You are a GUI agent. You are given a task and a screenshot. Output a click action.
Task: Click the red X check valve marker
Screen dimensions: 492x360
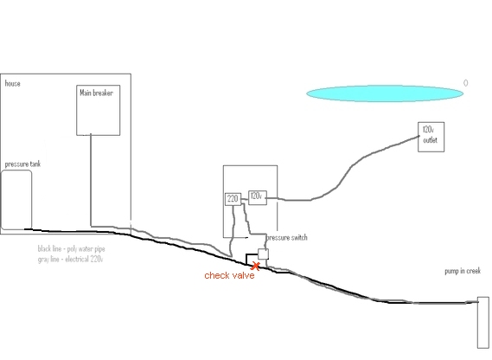(256, 267)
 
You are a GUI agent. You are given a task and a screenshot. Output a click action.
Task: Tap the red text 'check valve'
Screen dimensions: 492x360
(229, 275)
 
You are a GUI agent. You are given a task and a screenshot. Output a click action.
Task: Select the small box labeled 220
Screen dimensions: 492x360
(233, 199)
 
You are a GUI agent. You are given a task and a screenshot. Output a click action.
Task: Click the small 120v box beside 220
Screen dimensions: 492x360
(258, 197)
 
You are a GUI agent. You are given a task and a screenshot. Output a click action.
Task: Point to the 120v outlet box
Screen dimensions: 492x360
(431, 137)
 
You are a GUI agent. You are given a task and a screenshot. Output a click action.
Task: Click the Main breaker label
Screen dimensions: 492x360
(96, 93)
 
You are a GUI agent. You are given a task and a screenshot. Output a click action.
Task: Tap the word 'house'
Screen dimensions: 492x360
(13, 84)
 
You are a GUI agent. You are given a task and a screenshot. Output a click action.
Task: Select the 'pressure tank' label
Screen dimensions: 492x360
(22, 164)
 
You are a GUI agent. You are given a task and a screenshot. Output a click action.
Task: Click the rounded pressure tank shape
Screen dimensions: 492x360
(16, 200)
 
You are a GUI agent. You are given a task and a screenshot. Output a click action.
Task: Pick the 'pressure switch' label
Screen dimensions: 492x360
(287, 238)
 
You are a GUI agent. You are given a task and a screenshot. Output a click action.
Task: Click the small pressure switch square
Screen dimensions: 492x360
(263, 254)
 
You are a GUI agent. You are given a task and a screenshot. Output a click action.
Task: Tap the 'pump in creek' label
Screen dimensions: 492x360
(463, 271)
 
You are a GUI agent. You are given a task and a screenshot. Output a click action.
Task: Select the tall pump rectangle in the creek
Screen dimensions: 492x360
(483, 322)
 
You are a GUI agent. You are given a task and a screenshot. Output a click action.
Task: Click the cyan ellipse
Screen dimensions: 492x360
(385, 93)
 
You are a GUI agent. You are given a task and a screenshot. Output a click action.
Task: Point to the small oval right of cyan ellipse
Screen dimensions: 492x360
(466, 83)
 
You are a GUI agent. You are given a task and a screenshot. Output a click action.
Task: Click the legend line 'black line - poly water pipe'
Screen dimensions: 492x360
(71, 249)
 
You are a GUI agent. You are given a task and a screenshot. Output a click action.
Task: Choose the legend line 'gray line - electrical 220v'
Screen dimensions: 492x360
(70, 260)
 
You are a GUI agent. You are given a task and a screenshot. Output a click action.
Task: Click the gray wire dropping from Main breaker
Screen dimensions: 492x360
(91, 180)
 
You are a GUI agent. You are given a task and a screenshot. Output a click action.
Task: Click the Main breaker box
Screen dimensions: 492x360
(99, 110)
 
